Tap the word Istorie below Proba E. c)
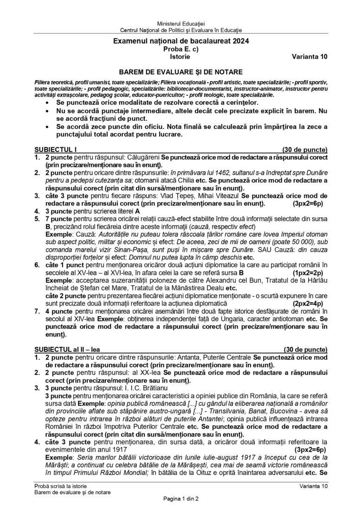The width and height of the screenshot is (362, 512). (181, 57)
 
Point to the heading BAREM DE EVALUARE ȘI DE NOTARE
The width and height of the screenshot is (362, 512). (181, 72)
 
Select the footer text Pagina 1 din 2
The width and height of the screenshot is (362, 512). (181, 499)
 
